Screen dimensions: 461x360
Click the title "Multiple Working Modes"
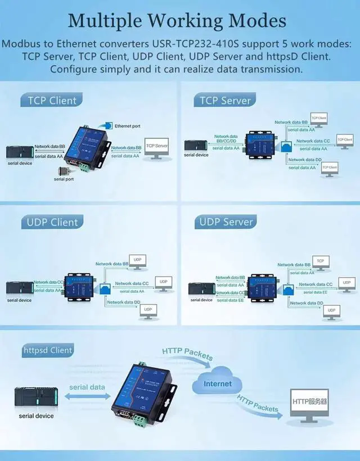pyautogui.click(x=177, y=21)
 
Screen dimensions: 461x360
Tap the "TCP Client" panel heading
pyautogui.click(x=52, y=101)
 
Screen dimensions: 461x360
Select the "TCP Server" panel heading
pyautogui.click(x=225, y=101)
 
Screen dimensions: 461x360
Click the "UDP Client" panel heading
pyautogui.click(x=52, y=222)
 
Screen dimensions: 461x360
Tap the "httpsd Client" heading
pyautogui.click(x=48, y=350)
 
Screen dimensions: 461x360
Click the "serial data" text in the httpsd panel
pyautogui.click(x=87, y=387)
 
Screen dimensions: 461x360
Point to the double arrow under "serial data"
pyautogui.click(x=87, y=396)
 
